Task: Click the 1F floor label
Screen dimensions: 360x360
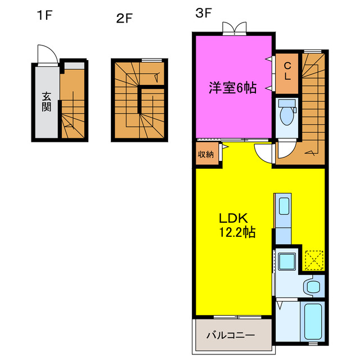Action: [x=44, y=15]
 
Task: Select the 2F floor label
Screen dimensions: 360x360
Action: [x=124, y=19]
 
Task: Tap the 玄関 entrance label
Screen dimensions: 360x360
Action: [x=46, y=101]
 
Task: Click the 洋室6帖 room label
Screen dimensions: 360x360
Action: [x=233, y=88]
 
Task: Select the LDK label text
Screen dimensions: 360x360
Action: [x=233, y=218]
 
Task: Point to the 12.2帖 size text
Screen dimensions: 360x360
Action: [x=237, y=232]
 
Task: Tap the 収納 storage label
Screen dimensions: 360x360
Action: [x=205, y=154]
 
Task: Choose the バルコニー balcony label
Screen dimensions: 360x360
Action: [x=230, y=335]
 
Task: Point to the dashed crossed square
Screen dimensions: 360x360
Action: [x=313, y=259]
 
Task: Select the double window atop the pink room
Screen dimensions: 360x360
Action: [x=234, y=28]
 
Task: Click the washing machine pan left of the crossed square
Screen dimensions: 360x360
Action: [x=287, y=261]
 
